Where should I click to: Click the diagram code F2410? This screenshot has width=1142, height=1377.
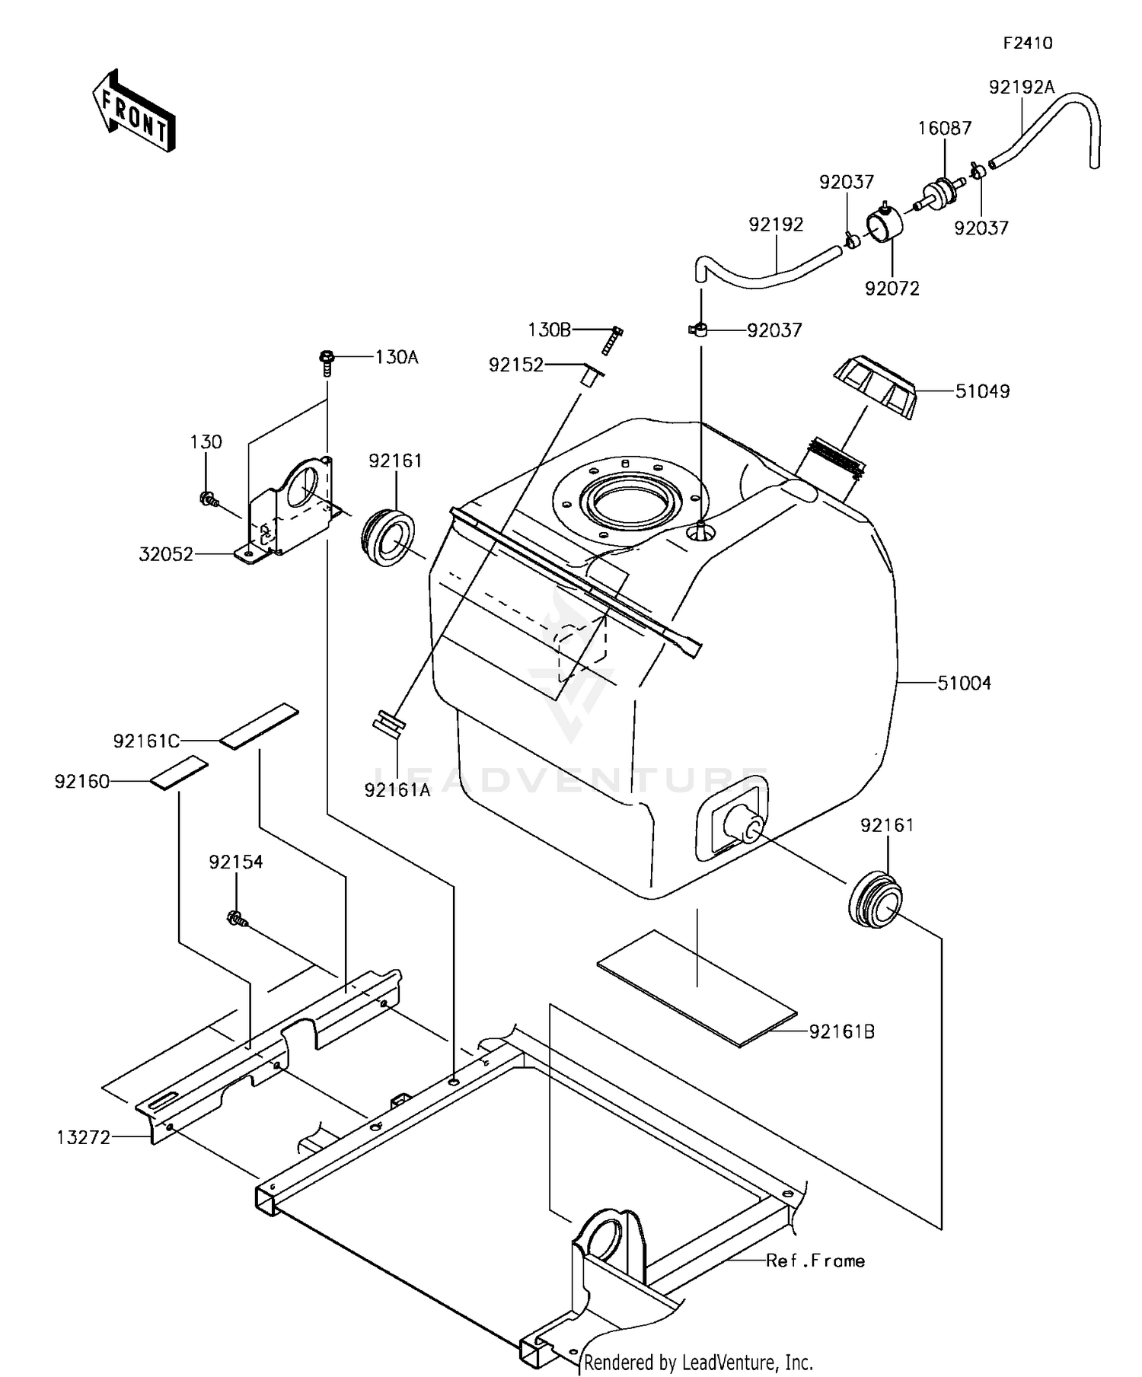tap(1027, 43)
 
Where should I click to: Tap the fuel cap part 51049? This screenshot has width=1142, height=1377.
tap(876, 387)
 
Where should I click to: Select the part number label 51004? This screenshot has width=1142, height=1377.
tap(964, 684)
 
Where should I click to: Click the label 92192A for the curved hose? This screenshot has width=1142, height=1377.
tap(1021, 88)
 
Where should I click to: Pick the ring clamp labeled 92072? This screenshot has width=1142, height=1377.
tap(884, 225)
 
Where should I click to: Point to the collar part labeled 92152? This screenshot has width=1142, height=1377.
tap(590, 377)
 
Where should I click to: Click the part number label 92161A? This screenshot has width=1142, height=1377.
tap(397, 790)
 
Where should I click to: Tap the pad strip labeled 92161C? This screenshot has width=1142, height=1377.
tap(260, 726)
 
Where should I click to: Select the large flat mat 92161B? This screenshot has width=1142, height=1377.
tap(697, 987)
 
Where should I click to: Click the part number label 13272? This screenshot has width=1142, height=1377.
tap(84, 1137)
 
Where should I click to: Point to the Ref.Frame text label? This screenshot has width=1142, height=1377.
tap(815, 1261)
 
